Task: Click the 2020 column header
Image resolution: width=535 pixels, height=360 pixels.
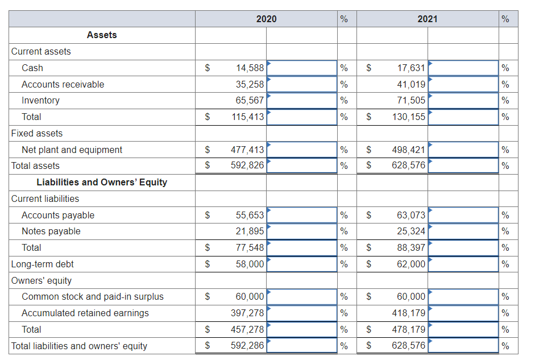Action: [x=266, y=19]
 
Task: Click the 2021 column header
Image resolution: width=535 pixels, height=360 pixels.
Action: [x=428, y=19]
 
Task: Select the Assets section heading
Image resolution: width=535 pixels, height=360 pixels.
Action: [x=102, y=35]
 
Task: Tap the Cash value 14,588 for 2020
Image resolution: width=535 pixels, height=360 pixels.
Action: [x=250, y=68]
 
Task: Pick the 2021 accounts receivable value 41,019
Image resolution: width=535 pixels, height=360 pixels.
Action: [x=411, y=84]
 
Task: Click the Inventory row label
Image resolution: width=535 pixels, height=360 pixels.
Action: [x=40, y=101]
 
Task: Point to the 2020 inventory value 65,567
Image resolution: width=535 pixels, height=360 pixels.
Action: [x=250, y=101]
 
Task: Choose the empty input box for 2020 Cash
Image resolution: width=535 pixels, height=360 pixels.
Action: [x=302, y=68]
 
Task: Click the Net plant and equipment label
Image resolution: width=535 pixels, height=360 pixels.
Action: [x=72, y=150]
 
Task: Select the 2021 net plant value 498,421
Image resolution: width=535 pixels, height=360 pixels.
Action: [x=409, y=150]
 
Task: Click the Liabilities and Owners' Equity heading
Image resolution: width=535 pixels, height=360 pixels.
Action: [x=102, y=183]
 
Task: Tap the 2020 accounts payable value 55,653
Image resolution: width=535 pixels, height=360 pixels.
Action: [x=250, y=216]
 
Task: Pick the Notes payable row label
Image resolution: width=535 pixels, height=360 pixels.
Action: [x=51, y=231]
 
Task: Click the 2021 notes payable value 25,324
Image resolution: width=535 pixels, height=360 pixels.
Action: [x=411, y=231]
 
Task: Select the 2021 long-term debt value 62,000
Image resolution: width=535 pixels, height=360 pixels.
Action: [x=411, y=264]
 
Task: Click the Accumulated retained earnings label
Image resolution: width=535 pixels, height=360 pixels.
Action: [x=85, y=313]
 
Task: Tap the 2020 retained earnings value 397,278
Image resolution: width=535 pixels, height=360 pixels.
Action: [x=247, y=313]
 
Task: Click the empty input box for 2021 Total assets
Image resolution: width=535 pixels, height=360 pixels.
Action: [x=463, y=166]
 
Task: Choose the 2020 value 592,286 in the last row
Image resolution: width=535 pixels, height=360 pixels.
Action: [x=247, y=346]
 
